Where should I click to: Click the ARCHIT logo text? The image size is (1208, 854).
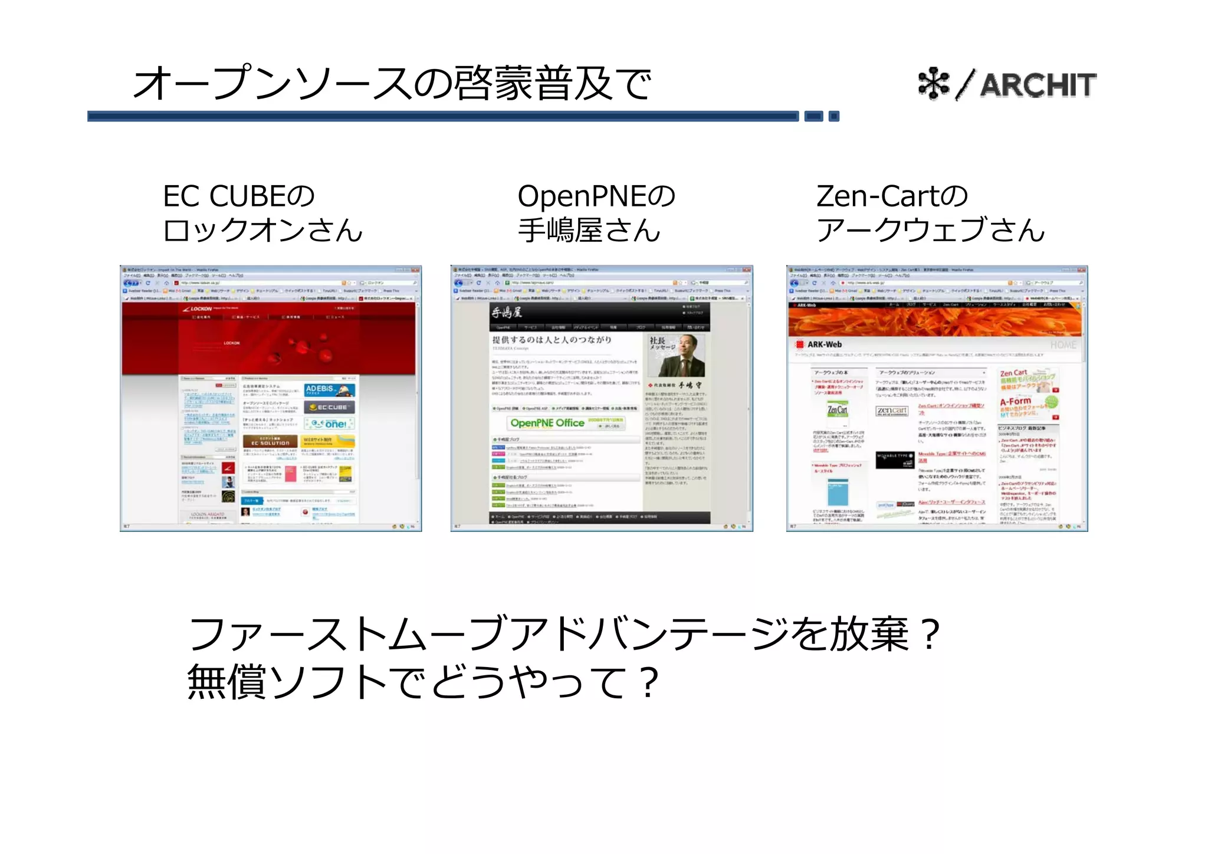[x=1038, y=85]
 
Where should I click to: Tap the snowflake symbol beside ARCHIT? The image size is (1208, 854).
[x=934, y=84]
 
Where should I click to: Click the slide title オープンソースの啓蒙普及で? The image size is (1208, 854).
[x=392, y=83]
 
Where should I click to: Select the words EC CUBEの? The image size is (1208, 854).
[x=239, y=196]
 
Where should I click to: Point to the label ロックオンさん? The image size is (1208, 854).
[x=262, y=230]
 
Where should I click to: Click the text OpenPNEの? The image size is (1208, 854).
[x=596, y=196]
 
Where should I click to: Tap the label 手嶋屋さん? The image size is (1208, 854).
[x=589, y=230]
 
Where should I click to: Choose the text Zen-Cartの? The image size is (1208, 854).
[x=891, y=196]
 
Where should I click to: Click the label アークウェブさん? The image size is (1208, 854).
[x=930, y=230]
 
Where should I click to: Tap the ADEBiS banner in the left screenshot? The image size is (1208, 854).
[x=329, y=390]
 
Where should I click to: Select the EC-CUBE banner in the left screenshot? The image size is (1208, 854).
[x=329, y=407]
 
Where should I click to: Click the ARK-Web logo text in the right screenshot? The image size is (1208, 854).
[x=824, y=344]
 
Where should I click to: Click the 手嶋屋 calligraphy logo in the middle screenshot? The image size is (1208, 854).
[x=507, y=313]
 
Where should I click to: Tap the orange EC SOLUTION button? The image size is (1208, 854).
[x=270, y=442]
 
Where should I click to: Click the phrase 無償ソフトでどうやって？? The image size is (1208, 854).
[x=422, y=682]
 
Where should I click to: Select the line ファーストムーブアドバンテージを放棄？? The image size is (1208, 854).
[x=563, y=634]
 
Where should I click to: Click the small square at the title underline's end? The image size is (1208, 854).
[x=833, y=116]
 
